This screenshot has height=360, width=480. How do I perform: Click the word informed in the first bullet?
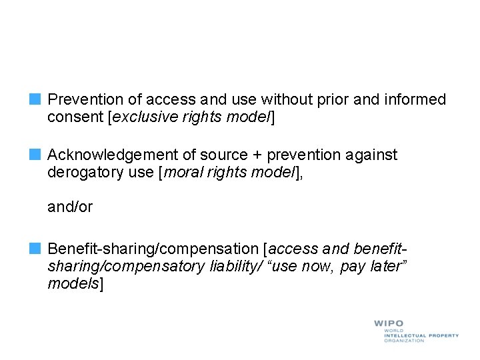[x=416, y=100]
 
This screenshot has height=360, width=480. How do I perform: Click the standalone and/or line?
[x=70, y=207]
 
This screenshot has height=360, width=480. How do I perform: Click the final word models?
[x=73, y=285]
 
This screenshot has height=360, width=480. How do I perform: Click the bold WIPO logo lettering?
[x=389, y=324]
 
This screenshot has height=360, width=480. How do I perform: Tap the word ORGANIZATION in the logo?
[x=404, y=341]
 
